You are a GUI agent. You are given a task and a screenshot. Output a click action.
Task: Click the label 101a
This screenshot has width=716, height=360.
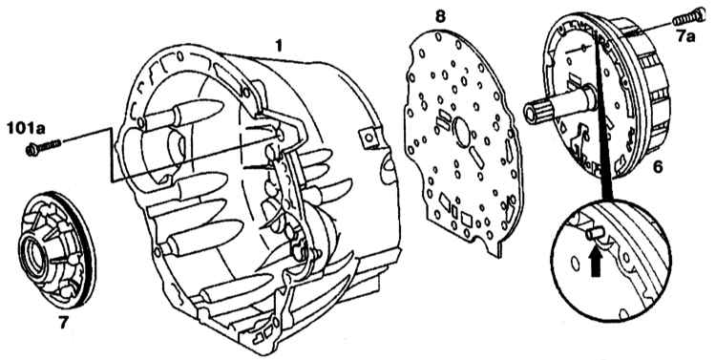[26, 128]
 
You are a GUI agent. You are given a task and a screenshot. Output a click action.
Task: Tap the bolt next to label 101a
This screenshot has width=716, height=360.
[44, 147]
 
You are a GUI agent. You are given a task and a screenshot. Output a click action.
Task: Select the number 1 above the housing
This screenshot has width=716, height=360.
[279, 46]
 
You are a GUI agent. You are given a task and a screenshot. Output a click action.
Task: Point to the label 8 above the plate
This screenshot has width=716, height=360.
[440, 17]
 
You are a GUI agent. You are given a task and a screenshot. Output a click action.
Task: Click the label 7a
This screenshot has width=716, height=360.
[685, 35]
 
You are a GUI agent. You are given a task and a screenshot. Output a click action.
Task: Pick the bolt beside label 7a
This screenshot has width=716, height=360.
[688, 18]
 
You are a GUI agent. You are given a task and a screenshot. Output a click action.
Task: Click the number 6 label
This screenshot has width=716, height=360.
[657, 167]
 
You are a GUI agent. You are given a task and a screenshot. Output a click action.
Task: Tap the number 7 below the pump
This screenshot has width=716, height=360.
[63, 323]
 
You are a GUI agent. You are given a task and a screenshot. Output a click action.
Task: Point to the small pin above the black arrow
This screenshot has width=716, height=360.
[593, 234]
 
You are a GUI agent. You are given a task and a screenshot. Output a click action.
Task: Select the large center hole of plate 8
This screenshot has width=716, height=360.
[463, 133]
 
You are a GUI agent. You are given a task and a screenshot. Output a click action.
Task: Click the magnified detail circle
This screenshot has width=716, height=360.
[611, 259]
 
